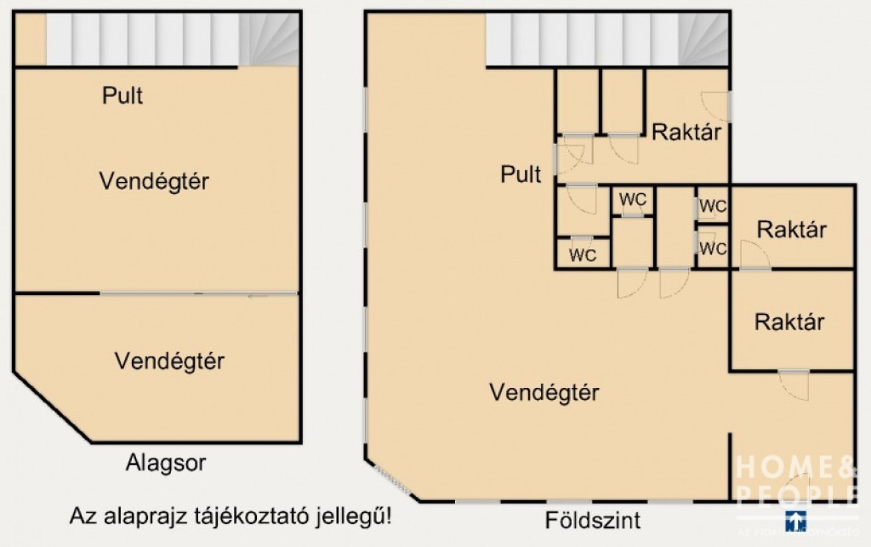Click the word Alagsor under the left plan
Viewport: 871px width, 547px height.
coord(166,464)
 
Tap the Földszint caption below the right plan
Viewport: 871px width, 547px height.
coord(593,520)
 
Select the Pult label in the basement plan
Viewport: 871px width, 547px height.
coord(122,95)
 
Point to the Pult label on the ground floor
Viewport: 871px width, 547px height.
coord(521,175)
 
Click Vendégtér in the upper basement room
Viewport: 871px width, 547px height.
coord(154,181)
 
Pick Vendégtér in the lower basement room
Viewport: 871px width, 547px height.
coord(169,361)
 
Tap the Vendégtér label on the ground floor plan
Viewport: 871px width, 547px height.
coord(544,392)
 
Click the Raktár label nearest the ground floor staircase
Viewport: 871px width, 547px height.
coord(687,132)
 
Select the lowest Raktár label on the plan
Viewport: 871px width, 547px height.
coord(789,322)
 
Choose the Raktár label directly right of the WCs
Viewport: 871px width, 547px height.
coord(792,230)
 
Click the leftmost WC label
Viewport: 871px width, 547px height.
coord(583,254)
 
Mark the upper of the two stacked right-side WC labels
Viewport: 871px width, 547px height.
coord(714,207)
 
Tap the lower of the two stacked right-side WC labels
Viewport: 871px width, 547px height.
coord(714,248)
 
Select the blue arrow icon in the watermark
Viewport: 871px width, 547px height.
coord(795,519)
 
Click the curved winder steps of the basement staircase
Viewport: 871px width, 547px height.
coord(269,39)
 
